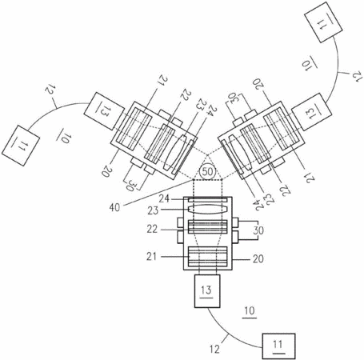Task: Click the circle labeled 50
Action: (207, 171)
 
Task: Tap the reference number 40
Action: (114, 208)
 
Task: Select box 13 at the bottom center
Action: (207, 291)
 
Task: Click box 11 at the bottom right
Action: (278, 346)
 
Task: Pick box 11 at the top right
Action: (323, 22)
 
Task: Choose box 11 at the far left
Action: (21, 146)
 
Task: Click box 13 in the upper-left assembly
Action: (104, 111)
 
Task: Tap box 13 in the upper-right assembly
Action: (311, 112)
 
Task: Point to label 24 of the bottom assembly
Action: (165, 198)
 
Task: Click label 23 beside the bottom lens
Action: (154, 210)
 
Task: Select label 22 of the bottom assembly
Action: (152, 229)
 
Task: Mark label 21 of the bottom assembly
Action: (152, 257)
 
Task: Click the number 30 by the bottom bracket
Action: (258, 230)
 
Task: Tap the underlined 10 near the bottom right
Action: (250, 311)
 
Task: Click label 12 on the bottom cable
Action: (214, 349)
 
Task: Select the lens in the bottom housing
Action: (208, 210)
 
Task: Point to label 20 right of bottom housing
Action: (258, 258)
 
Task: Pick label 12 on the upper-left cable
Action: (50, 90)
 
